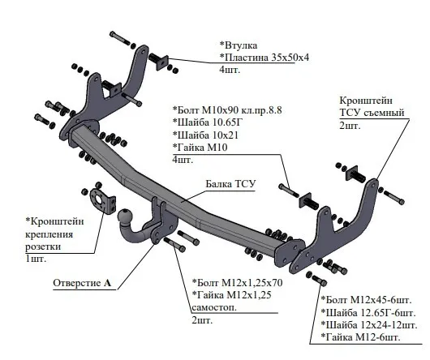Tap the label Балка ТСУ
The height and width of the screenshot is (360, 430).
tap(230, 184)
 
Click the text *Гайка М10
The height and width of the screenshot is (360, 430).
tap(199, 147)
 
